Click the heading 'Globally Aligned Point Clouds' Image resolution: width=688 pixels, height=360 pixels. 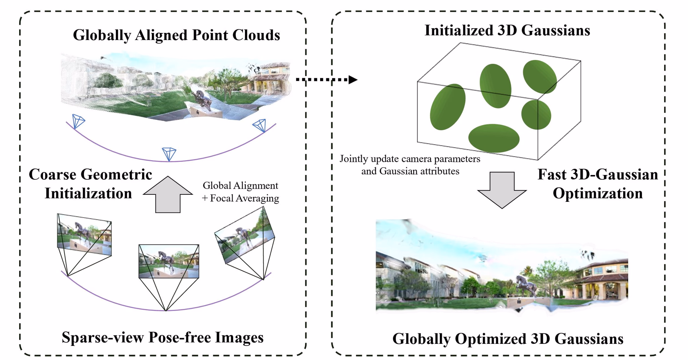pos(176,35)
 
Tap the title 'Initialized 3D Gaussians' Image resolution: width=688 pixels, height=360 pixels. pos(507,31)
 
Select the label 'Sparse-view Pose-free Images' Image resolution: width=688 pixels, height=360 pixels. pos(163,337)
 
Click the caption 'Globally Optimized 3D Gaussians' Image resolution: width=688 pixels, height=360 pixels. pos(508,339)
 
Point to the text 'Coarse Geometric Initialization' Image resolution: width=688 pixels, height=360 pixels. pos(90,184)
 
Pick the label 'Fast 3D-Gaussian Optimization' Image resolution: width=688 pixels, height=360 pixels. pos(597,184)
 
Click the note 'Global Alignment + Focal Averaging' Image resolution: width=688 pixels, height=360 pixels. pos(241,192)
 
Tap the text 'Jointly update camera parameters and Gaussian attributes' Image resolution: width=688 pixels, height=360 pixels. pos(410,165)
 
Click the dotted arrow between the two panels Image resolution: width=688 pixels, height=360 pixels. pos(326,80)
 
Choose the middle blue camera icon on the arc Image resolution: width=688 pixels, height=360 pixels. pos(169,153)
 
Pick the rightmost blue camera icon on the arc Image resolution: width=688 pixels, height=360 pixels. pos(260,125)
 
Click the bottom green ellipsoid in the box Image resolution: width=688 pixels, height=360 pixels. pos(494,138)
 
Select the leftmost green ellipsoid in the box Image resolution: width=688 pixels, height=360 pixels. pos(447,107)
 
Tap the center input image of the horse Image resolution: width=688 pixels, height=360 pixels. pos(169,261)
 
